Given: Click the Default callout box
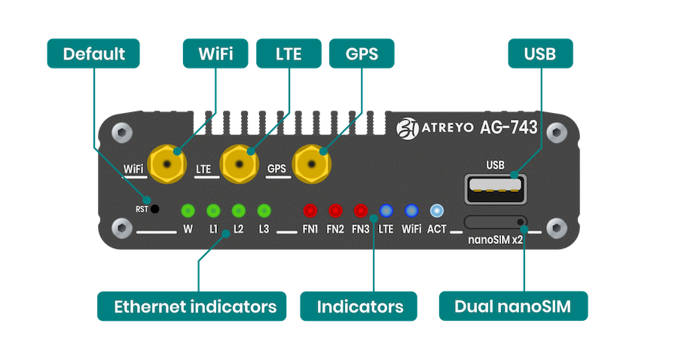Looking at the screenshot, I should [x=93, y=54].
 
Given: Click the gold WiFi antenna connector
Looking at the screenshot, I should [x=166, y=163].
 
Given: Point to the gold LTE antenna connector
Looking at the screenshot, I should [x=240, y=163].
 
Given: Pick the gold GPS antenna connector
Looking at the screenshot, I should [x=313, y=163].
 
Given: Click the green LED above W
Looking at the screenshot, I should [x=188, y=210].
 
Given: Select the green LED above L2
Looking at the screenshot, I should [x=238, y=210].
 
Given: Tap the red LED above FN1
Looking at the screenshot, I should [x=310, y=210].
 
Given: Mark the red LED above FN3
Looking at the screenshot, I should [x=360, y=210].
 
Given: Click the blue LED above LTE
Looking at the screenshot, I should [x=386, y=210].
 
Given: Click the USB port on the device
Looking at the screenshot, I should [x=495, y=188].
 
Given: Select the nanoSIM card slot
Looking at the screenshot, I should [x=495, y=221].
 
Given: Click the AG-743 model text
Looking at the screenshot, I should [x=508, y=127].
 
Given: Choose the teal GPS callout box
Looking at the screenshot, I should [x=363, y=54].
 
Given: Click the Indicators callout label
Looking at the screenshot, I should [x=359, y=307].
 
